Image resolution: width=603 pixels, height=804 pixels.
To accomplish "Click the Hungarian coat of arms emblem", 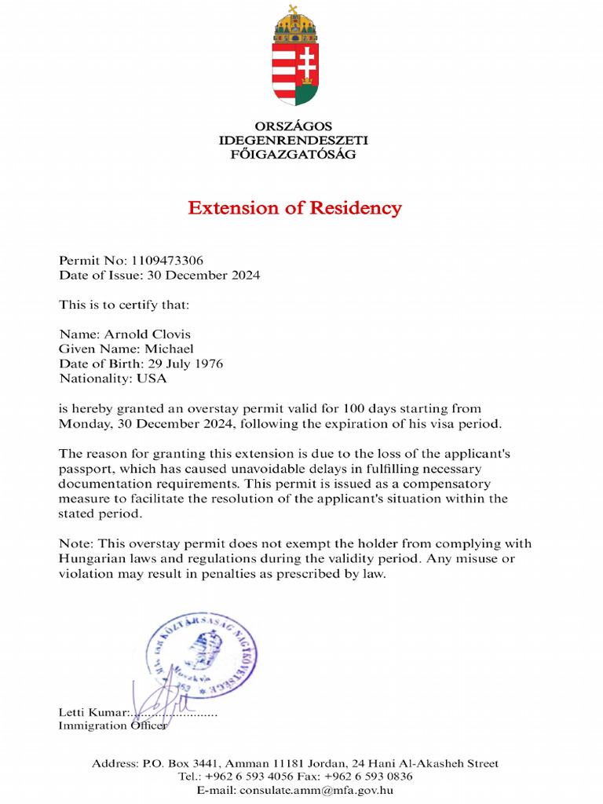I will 294,57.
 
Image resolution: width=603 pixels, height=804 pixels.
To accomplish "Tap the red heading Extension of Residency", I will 294,208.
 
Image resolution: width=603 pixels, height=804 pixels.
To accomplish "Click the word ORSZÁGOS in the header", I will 294,126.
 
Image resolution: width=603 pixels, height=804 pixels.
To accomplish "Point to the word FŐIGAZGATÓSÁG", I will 294,155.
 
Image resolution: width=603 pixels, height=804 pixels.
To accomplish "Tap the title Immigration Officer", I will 112,726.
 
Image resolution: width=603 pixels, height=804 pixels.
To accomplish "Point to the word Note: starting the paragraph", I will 76,544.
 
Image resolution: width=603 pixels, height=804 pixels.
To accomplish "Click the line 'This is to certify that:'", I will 124,305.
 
